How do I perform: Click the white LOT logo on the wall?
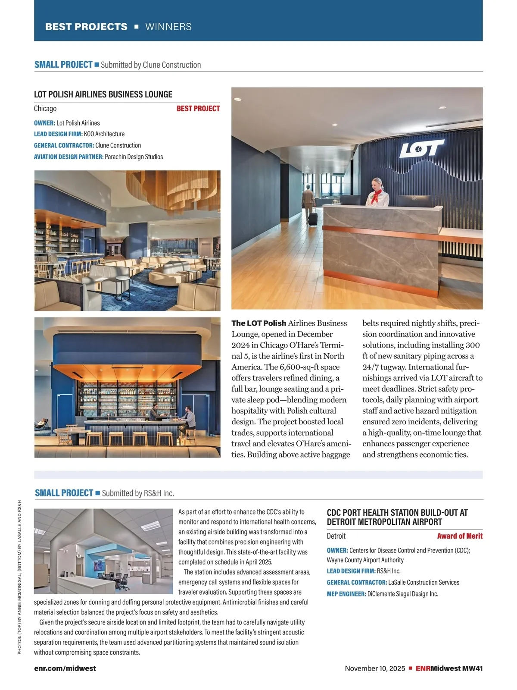pos(421,148)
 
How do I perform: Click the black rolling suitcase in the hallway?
pos(313,218)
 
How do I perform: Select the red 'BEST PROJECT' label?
pos(198,109)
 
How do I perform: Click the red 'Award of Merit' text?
pos(460,536)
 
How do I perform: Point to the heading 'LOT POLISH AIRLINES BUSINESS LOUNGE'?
pos(103,94)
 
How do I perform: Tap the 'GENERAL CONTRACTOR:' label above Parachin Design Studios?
pos(64,145)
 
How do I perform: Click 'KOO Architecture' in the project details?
pos(104,134)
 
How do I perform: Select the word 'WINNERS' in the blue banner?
pos(168,27)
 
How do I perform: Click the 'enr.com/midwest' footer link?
pos(65,668)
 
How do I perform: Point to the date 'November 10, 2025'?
pos(375,668)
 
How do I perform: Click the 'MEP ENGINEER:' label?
pos(346,594)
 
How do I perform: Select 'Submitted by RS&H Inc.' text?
pos(138,493)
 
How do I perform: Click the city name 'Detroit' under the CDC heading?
pos(336,536)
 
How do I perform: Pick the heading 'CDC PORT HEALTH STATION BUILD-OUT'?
pos(397,513)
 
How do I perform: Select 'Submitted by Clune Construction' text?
pos(151,65)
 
